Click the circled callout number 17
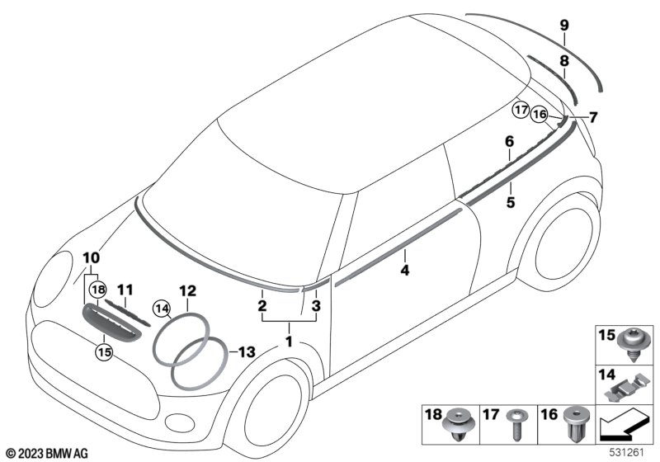point(521,111)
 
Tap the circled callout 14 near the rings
point(162,309)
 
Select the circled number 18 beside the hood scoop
point(98,290)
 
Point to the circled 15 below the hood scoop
point(105,351)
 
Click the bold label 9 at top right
point(564,26)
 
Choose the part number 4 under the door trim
point(404,270)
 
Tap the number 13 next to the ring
point(247,351)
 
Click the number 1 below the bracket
point(289,342)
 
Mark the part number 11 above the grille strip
point(125,290)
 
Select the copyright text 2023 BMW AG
point(48,454)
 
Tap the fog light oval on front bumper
point(180,422)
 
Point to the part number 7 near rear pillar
point(593,117)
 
